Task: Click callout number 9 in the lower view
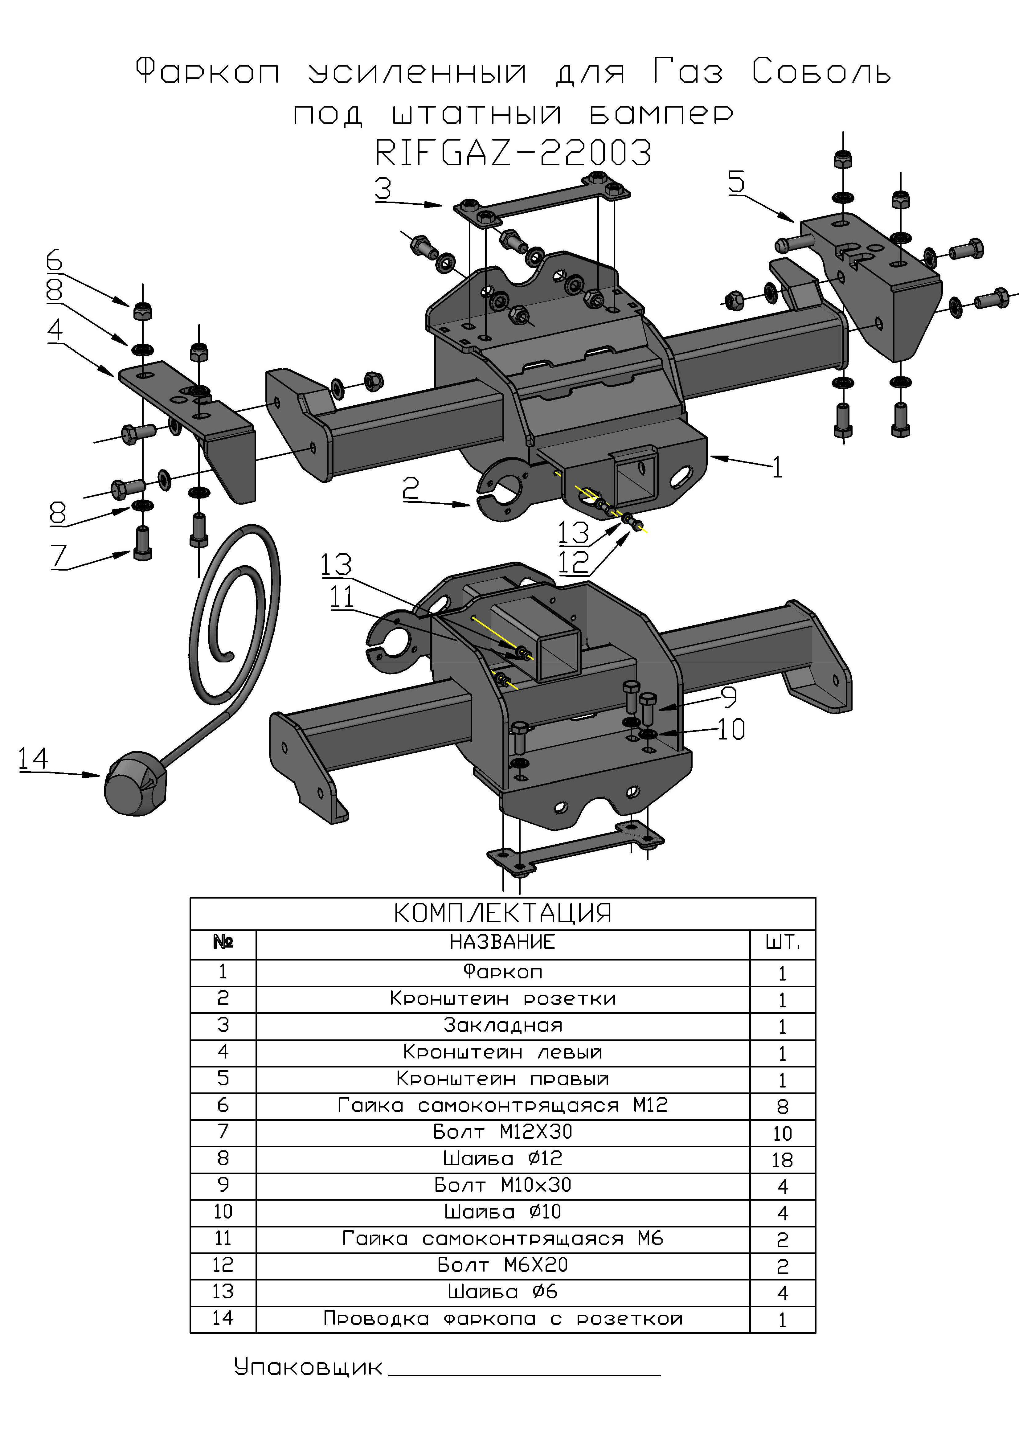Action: pyautogui.click(x=728, y=696)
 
